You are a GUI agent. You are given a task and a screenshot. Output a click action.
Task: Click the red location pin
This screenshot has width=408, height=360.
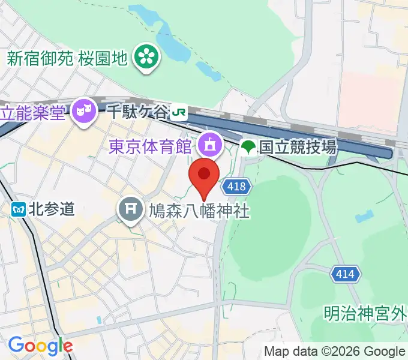coord(204,176)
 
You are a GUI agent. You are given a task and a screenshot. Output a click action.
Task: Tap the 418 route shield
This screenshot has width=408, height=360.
coord(236,187)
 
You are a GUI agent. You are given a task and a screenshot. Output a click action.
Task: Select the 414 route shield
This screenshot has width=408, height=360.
coord(346,275)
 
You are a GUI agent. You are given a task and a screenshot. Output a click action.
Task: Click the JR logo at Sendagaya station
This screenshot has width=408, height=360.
coord(179,111)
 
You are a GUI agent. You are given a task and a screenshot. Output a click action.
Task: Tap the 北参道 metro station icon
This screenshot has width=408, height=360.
coord(18,209)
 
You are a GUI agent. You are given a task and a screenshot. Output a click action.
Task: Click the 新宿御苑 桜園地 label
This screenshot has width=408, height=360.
coord(67,58)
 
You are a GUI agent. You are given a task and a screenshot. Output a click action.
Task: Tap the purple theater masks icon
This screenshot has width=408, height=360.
coord(83,110)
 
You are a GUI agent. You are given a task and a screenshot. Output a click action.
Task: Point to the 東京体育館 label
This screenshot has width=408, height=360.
coord(150,145)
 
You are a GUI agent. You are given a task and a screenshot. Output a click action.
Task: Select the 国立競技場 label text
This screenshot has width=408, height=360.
coord(298,146)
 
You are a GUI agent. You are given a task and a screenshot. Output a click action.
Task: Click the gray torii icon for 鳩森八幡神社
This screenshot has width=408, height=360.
coord(129,210)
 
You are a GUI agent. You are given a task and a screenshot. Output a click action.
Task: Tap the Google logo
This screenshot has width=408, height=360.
coord(40,346)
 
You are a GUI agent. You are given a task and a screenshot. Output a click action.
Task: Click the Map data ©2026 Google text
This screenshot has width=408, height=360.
coord(335,352)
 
